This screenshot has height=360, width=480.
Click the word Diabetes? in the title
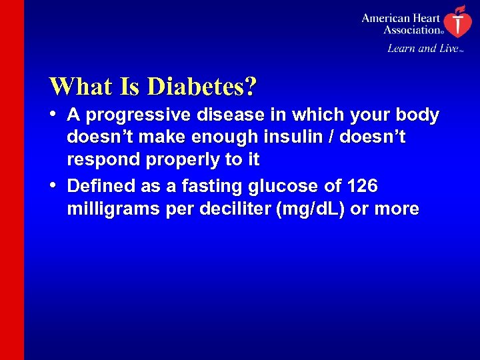click(202, 86)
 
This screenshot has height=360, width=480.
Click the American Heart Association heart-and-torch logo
click(456, 21)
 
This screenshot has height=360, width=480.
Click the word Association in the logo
click(411, 29)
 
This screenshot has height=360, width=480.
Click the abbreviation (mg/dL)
click(308, 209)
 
